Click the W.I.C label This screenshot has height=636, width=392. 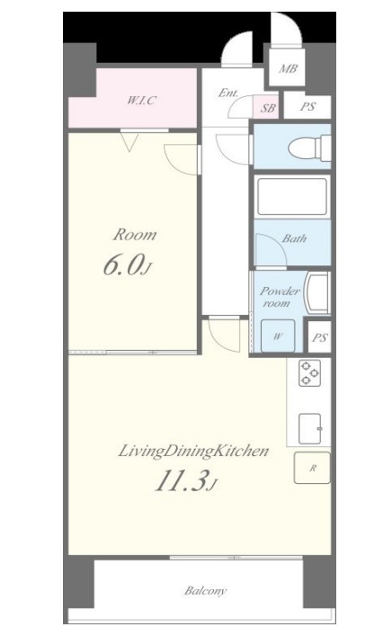141,100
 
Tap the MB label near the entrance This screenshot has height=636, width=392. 289,68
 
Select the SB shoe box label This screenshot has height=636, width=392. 268,108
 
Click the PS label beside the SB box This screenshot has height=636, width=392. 308,107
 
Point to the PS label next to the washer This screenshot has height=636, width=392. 320,337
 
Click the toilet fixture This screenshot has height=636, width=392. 309,148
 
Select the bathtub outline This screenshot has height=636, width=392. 292,197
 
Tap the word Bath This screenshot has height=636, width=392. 294,238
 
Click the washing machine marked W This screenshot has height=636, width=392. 278,336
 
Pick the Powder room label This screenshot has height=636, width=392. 280,297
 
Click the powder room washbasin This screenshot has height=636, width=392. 318,293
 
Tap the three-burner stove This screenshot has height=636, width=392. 309,372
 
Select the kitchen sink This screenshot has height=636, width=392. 310,429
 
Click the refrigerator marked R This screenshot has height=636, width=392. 312,468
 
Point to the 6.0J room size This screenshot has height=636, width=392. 128,265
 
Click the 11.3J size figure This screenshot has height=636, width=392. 185,481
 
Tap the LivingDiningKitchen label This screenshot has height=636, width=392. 193,452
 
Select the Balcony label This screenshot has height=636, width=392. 206,590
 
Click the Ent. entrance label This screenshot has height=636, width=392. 228,93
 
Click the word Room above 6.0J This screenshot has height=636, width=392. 135,235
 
